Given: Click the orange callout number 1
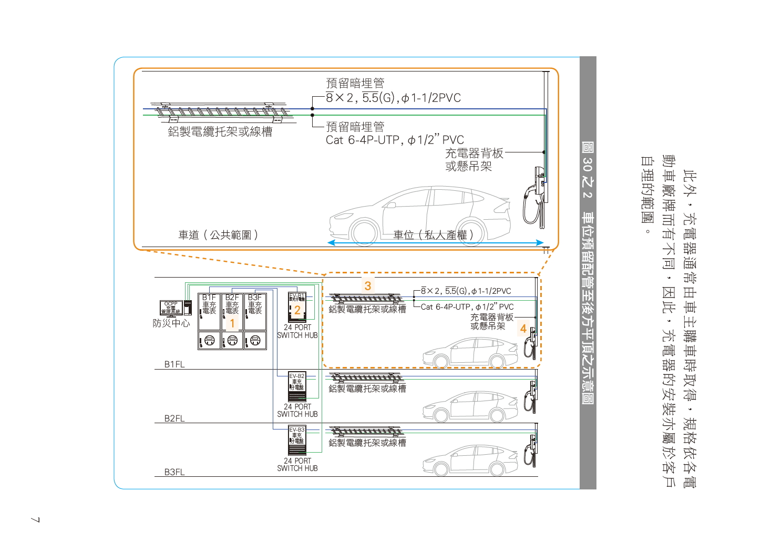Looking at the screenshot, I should pos(232,324).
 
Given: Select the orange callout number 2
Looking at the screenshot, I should pos(297,310).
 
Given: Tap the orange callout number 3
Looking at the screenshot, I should pos(368,286).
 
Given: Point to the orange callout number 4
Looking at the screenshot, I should pos(523,329).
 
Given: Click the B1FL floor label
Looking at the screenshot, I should pos(174,364).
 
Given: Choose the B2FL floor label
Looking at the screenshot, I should pos(174,418).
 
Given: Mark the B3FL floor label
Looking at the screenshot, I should pos(174,472).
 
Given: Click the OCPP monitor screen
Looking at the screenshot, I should pos(171,308).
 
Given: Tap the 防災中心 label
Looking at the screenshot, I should pos(171,323).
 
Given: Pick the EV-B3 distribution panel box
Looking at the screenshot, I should pos(297,441).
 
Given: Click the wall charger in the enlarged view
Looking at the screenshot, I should pos(535,197).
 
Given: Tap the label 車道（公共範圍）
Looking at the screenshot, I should pos(218,235).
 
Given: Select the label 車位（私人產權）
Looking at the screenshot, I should pos(434,235).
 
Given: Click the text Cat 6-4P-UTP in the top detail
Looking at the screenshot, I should pos(363,140).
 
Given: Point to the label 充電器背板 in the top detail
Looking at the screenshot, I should pos(474,154).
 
